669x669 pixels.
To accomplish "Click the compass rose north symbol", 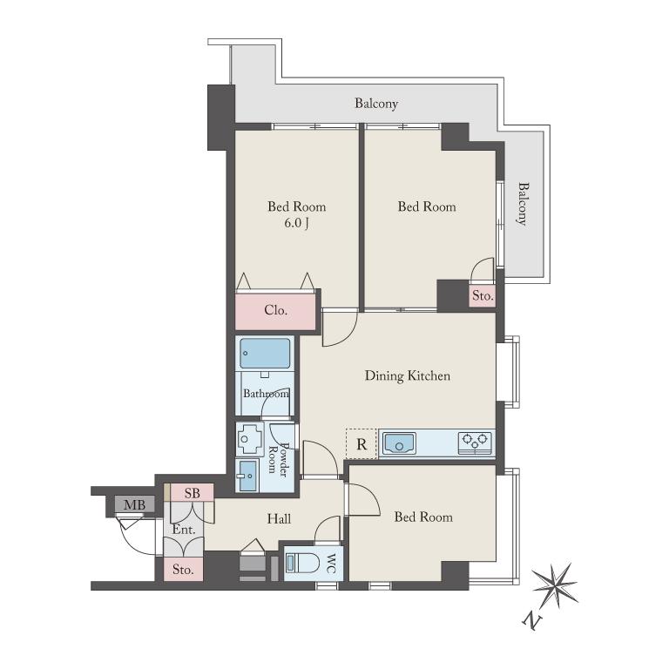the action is (x=555, y=585).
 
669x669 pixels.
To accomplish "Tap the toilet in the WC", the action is (x=302, y=564).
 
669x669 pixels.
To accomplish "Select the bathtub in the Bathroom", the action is (x=265, y=354).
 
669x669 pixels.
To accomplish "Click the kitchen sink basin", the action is (x=399, y=443).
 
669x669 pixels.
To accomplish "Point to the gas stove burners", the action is (x=475, y=443).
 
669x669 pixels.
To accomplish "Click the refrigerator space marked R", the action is (x=362, y=444).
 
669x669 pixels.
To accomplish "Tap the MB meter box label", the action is (x=134, y=505).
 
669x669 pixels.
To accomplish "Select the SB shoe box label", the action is (x=192, y=493).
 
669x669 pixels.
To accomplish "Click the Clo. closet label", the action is (x=275, y=310).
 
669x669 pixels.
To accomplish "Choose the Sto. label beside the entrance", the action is (x=183, y=569).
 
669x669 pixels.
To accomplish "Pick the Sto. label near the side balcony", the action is (x=483, y=295).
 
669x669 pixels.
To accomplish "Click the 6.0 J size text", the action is (x=296, y=223).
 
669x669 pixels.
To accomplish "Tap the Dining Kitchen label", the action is (x=408, y=375).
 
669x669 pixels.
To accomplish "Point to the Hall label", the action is (x=279, y=519).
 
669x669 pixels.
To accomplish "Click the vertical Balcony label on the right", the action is (x=523, y=204).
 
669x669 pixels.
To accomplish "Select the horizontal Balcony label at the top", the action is (x=376, y=104).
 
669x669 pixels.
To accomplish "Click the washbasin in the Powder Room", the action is (x=247, y=476).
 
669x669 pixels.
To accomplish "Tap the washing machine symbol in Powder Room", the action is (x=251, y=439).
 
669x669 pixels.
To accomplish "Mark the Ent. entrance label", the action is (x=184, y=530).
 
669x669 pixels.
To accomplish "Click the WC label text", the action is (x=332, y=564).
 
